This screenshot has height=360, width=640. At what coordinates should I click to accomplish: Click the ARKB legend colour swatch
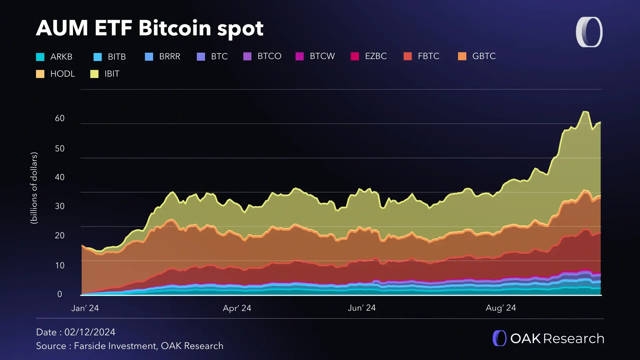click(40, 57)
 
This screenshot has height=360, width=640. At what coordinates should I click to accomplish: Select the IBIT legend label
click(112, 74)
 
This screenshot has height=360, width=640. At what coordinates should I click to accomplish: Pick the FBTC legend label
click(428, 56)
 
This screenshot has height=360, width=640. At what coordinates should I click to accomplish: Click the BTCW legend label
click(322, 56)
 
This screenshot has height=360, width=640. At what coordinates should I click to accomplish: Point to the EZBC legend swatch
click(355, 56)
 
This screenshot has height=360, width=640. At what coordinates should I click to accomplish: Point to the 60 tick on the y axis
click(60, 118)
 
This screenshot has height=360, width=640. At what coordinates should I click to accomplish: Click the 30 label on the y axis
click(60, 206)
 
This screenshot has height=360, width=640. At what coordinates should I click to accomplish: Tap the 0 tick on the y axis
click(60, 294)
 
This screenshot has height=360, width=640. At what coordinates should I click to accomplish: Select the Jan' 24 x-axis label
click(85, 308)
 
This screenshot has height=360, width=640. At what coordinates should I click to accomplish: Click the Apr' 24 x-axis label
click(237, 308)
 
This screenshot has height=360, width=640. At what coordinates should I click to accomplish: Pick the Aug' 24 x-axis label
click(501, 308)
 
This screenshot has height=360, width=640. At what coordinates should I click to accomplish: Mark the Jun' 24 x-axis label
click(362, 308)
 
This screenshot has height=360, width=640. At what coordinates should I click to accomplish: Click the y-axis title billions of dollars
click(34, 188)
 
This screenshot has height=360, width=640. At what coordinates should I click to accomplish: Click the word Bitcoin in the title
click(175, 28)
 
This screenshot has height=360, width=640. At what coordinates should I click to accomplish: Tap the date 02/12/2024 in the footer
click(90, 332)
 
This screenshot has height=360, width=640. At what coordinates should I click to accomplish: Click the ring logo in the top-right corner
click(589, 32)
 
